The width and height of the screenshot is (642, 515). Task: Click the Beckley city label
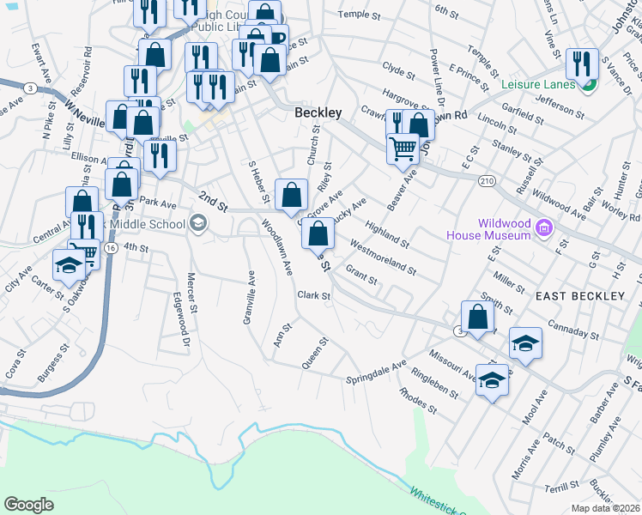tap(318, 112)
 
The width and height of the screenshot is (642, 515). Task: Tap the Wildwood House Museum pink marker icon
tap(542, 228)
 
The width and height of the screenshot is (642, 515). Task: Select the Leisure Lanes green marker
tap(589, 84)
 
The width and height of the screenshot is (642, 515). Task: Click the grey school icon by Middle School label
tap(198, 225)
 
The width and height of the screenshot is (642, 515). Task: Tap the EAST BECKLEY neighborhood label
tap(579, 296)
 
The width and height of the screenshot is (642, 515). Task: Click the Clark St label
tap(313, 296)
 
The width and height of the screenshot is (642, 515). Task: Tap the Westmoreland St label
tap(383, 257)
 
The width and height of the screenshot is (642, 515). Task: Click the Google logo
tap(27, 504)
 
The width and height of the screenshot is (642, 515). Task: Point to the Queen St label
tap(314, 353)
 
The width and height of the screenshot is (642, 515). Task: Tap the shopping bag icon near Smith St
tap(478, 318)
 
